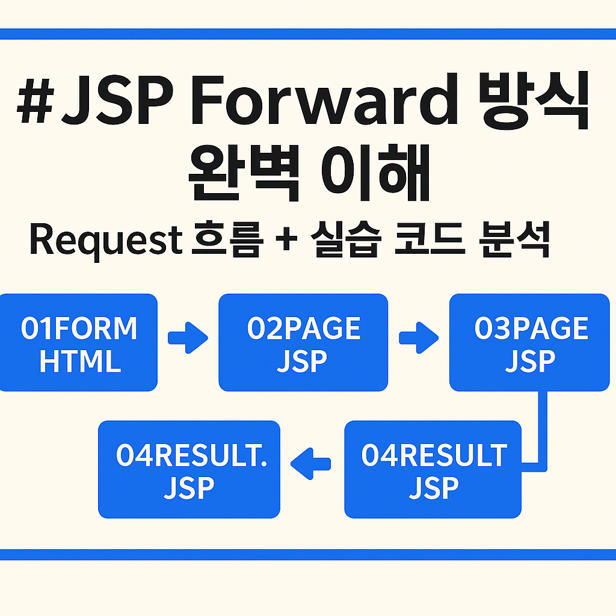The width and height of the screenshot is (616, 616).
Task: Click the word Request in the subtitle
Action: pyautogui.click(x=106, y=241)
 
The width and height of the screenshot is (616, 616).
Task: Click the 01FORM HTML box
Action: pyautogui.click(x=78, y=343)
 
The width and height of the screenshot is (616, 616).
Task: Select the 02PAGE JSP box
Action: pyautogui.click(x=303, y=343)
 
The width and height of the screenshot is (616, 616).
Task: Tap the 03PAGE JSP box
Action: pyautogui.click(x=529, y=343)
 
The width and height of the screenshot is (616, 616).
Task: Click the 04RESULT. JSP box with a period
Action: pyautogui.click(x=189, y=469)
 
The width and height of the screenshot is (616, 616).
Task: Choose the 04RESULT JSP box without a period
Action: pyautogui.click(x=433, y=469)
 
